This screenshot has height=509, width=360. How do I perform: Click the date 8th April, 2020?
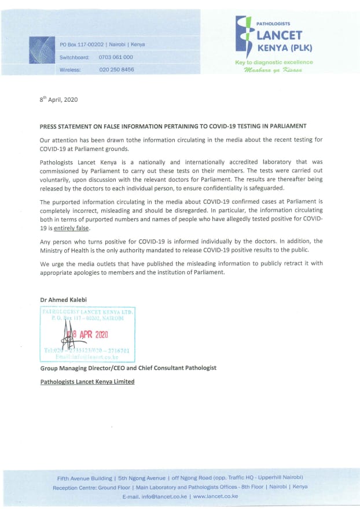tap(58, 99)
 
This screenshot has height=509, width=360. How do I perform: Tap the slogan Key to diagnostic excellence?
tap(274, 62)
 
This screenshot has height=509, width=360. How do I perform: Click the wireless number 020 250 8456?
tap(116, 69)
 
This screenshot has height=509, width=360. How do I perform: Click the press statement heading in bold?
tap(172, 126)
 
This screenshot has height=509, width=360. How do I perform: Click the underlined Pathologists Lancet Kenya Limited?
tap(87, 382)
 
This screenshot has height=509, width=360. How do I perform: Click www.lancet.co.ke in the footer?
tap(215, 496)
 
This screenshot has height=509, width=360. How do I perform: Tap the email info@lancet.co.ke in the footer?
tap(164, 496)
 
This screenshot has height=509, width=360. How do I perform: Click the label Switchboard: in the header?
tap(74, 57)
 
